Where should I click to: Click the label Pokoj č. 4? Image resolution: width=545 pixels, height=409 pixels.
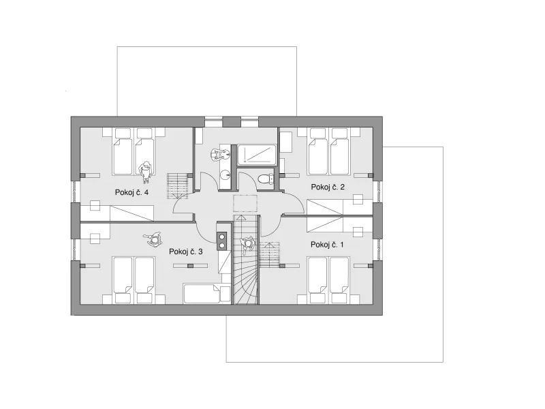point(131,192)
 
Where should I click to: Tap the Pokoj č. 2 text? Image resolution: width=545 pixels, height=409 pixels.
point(328,187)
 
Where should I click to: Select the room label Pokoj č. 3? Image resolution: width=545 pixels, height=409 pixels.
point(185,252)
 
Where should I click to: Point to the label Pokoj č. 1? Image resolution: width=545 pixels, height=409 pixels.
point(327,245)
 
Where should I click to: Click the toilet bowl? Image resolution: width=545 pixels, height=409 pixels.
point(266,179)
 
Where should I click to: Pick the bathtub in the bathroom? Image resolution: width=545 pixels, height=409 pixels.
point(257,155)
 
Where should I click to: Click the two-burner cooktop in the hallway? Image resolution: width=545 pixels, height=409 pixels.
point(221,241)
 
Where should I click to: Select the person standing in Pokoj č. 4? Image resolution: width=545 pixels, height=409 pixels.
point(145,171)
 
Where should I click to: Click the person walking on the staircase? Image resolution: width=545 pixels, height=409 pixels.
point(247,244)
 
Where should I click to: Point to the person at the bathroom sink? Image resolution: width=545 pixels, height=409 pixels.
point(219,154)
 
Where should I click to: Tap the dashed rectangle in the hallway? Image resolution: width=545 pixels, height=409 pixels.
point(245,203)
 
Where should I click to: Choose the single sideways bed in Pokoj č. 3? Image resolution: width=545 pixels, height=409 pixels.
point(206,294)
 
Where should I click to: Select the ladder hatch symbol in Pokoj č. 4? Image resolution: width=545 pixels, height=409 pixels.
point(178,186)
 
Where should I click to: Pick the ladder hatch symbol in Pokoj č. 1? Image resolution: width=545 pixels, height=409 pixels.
point(270,255)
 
